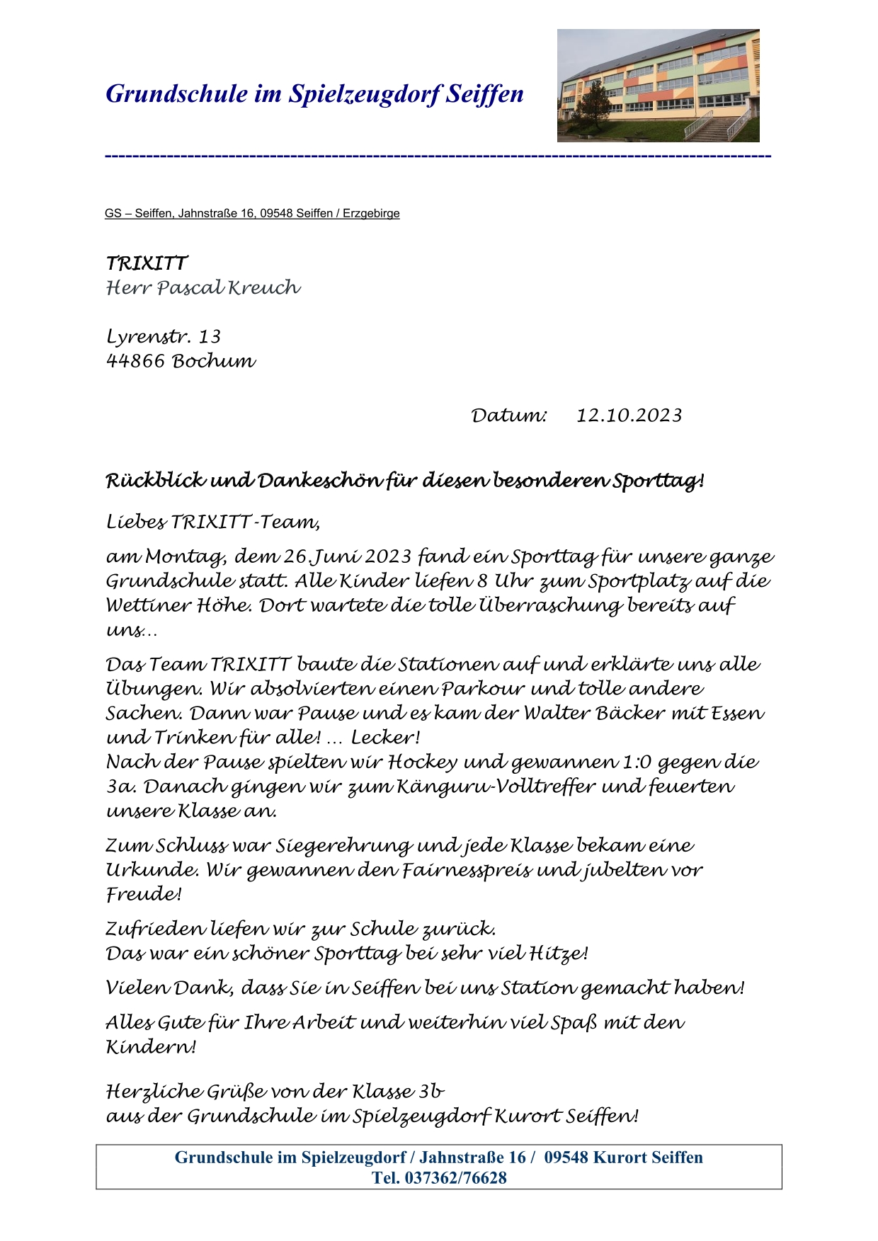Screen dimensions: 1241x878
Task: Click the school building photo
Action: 658,86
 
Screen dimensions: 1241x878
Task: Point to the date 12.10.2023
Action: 629,416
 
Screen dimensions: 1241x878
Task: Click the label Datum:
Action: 509,416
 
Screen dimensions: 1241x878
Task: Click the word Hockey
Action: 423,762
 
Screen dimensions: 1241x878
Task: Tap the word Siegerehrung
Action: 343,846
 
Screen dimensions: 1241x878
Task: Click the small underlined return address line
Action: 252,214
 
